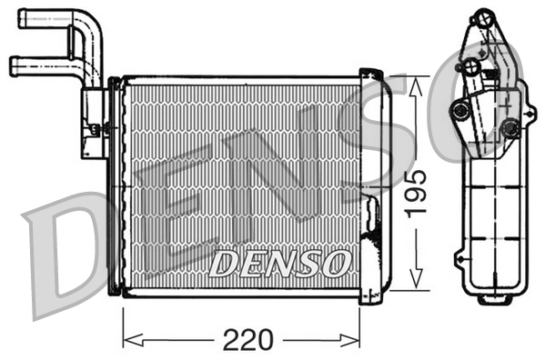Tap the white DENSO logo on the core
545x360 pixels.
pos(278,264)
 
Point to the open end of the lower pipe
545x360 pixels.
pos(13,65)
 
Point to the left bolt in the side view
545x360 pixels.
pos(460,111)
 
